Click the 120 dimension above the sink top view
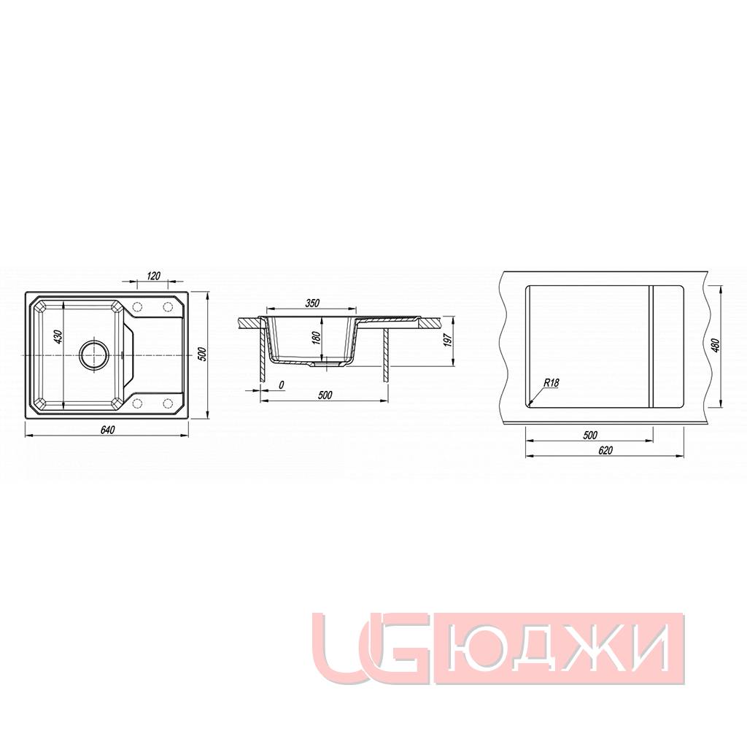pyautogui.click(x=153, y=275)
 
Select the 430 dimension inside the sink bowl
pyautogui.click(x=58, y=337)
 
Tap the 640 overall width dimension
pyautogui.click(x=107, y=429)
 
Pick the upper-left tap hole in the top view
pyautogui.click(x=137, y=306)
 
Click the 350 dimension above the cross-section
pyautogui.click(x=312, y=303)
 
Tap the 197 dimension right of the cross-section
pyautogui.click(x=447, y=339)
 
